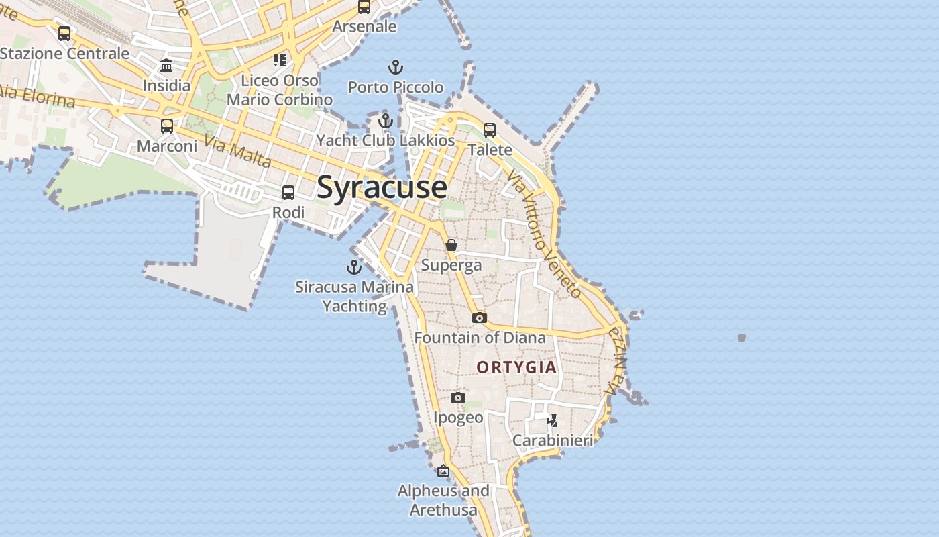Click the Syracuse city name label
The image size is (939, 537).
[382, 187]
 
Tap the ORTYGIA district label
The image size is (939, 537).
[516, 367]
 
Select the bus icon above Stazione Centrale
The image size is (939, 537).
[64, 33]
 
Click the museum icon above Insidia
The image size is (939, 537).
[166, 66]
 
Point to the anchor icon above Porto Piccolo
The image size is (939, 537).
[396, 67]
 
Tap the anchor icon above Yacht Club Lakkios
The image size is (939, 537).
[385, 121]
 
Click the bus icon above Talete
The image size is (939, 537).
[490, 130]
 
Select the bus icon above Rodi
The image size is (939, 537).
[288, 193]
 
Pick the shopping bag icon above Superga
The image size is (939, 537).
[451, 245]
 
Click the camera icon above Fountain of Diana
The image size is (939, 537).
[480, 318]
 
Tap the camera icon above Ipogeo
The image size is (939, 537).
[458, 397]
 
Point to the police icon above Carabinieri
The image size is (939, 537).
[553, 421]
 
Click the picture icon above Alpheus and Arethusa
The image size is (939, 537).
[443, 471]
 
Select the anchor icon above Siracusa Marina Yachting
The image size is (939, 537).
[354, 267]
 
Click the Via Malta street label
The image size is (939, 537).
[238, 153]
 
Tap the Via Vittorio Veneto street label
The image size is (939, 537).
[544, 233]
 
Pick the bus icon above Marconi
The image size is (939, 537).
[167, 126]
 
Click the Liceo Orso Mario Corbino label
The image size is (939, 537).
[280, 90]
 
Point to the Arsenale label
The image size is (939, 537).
[364, 27]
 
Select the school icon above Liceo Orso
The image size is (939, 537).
[280, 60]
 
